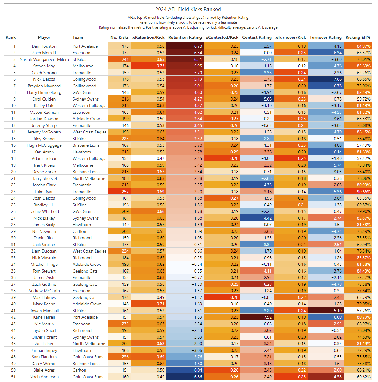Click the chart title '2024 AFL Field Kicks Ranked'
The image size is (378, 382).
(x=188, y=9)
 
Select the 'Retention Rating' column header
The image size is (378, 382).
(x=185, y=37)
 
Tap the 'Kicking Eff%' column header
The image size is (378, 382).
(x=358, y=37)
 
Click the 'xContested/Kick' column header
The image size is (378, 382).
(x=222, y=37)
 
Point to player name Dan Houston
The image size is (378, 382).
(x=44, y=46)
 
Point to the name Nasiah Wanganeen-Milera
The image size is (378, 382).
(x=44, y=59)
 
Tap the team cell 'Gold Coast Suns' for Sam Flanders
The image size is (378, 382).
(x=88, y=357)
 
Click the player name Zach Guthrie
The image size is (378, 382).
(x=44, y=284)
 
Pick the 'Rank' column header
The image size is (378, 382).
(x=10, y=37)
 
